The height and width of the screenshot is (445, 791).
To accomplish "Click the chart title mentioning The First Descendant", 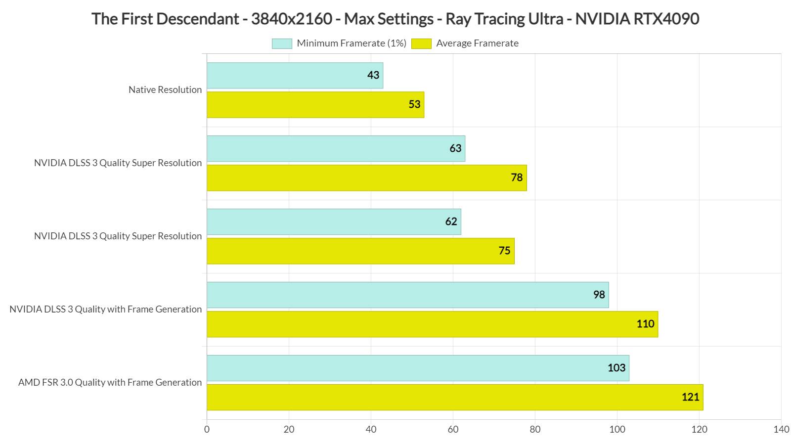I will [x=395, y=19].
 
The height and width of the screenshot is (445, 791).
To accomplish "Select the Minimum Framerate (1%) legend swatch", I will [x=282, y=44].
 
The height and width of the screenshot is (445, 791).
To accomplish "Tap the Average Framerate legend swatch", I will [x=421, y=44].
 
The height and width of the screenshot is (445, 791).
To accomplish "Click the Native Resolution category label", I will [x=165, y=89].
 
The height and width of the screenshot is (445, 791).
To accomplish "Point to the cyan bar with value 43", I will [x=295, y=76].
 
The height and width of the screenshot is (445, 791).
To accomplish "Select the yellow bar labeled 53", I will [x=315, y=105].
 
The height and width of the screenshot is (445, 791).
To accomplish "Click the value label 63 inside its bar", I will [x=455, y=148].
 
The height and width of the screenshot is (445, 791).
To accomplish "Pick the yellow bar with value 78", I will [x=366, y=178].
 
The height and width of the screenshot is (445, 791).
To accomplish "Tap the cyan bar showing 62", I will [x=334, y=222].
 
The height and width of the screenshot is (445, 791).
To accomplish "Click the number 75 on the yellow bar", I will [x=504, y=251].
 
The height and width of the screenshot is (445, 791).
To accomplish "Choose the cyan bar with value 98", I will [x=407, y=295].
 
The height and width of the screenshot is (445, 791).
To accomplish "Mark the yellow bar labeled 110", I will [x=432, y=324].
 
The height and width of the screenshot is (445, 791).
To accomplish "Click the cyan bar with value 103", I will [x=418, y=368].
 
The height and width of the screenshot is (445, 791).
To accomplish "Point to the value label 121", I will [x=690, y=397].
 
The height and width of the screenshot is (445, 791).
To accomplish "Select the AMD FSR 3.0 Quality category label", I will [x=110, y=382].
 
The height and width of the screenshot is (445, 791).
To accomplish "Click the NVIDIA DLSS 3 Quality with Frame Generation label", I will [x=105, y=309].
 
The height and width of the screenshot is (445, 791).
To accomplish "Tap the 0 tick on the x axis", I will [x=207, y=429].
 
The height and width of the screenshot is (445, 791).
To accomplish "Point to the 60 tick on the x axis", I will [x=453, y=429].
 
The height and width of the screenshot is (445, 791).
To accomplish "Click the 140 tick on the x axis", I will [x=781, y=429].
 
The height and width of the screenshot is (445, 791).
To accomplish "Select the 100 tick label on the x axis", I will [x=617, y=429].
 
